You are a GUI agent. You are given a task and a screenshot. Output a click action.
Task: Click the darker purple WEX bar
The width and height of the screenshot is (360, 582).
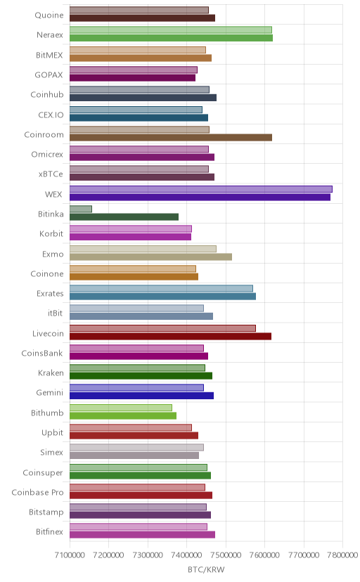tap(200, 197)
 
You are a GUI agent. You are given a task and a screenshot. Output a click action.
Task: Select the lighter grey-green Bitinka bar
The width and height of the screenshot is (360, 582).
tap(81, 209)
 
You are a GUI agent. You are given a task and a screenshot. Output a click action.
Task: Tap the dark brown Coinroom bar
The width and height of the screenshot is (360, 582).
tap(171, 137)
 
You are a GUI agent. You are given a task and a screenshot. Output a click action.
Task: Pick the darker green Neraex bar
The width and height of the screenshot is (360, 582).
tap(171, 38)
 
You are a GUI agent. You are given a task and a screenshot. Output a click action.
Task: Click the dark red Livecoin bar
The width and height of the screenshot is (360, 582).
tap(170, 336)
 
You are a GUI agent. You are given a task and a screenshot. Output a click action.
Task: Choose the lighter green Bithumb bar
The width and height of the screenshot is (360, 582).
tap(121, 408)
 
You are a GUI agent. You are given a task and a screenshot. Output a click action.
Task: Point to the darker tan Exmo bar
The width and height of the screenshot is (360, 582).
tap(150, 257)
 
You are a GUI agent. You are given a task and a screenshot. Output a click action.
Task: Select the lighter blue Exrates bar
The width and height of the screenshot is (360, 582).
tap(161, 288)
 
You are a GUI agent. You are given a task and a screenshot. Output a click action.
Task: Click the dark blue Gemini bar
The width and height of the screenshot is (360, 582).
tap(141, 396)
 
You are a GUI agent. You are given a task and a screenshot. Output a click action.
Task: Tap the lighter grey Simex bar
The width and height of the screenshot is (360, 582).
tap(136, 448)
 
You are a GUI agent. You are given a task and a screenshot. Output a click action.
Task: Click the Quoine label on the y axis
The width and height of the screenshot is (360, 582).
tap(49, 15)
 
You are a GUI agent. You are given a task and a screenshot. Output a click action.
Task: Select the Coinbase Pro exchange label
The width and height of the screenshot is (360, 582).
tap(37, 493)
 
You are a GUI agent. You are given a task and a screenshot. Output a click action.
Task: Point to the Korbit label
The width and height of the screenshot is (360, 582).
tap(51, 234)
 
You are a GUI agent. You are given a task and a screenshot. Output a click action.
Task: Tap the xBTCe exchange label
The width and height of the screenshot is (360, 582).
tap(51, 174)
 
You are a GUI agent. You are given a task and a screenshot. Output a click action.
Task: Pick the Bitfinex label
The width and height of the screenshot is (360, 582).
tap(50, 532)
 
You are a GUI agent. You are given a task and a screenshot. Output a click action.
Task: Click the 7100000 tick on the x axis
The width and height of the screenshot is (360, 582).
tap(70, 555)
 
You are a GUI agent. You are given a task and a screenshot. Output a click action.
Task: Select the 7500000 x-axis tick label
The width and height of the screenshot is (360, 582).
tap(226, 555)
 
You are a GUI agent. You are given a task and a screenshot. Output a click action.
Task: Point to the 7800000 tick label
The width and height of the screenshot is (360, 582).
tap(342, 555)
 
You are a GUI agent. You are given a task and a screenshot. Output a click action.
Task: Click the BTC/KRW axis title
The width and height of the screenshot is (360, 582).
tap(206, 570)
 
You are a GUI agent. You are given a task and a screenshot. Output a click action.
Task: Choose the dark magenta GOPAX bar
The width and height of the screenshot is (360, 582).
tap(132, 77)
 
